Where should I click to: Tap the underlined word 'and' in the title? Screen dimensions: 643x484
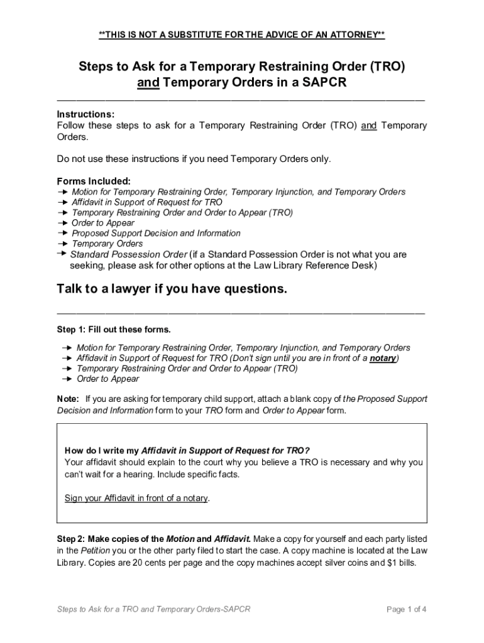point(148,83)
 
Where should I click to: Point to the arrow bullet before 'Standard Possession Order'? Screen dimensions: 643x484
point(62,253)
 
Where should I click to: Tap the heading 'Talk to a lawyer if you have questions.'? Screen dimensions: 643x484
point(172,289)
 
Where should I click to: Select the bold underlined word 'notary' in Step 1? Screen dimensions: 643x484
point(382,358)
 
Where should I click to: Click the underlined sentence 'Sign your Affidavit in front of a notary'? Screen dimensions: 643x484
point(136,498)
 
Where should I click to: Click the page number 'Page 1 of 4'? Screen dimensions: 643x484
point(407,609)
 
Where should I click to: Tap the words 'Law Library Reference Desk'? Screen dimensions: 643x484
point(314,265)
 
